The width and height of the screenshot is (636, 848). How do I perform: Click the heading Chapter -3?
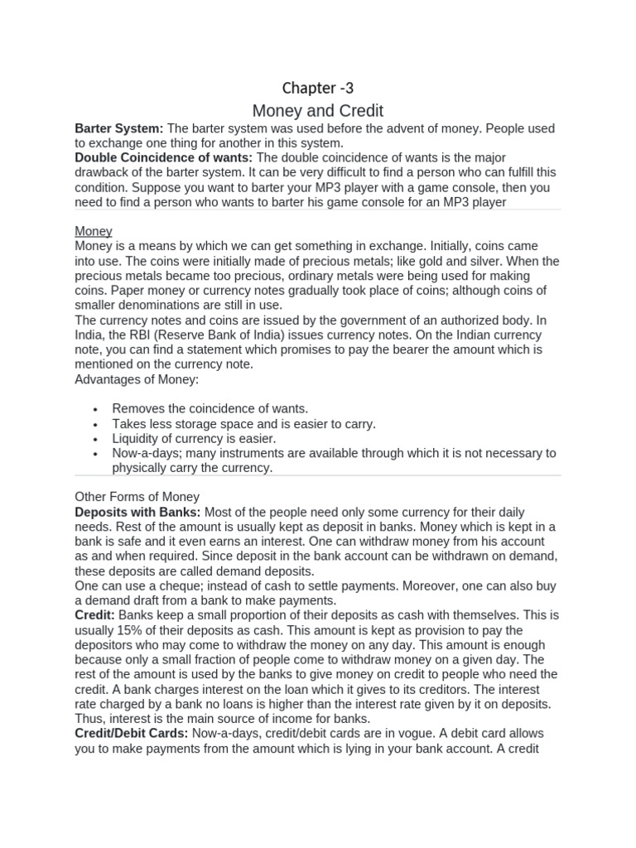click(x=318, y=88)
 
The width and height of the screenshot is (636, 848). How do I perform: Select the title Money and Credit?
click(x=318, y=110)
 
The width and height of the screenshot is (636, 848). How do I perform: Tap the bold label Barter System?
click(x=119, y=128)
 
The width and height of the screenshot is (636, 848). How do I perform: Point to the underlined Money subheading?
click(x=94, y=231)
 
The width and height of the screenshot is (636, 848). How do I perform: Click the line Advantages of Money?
click(x=137, y=378)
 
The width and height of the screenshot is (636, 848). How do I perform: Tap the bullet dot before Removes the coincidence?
click(x=97, y=409)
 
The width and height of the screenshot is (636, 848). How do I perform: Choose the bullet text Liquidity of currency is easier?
click(x=194, y=438)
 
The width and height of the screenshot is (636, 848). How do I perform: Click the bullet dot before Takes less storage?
click(x=97, y=424)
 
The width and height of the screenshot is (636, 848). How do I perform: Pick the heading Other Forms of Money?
click(x=137, y=497)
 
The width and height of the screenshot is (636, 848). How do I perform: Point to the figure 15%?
click(x=129, y=630)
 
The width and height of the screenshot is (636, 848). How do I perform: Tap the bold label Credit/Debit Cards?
click(x=131, y=734)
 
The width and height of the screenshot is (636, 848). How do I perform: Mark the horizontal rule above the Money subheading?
click(x=318, y=210)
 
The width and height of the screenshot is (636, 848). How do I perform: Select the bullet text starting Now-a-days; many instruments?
click(x=334, y=453)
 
